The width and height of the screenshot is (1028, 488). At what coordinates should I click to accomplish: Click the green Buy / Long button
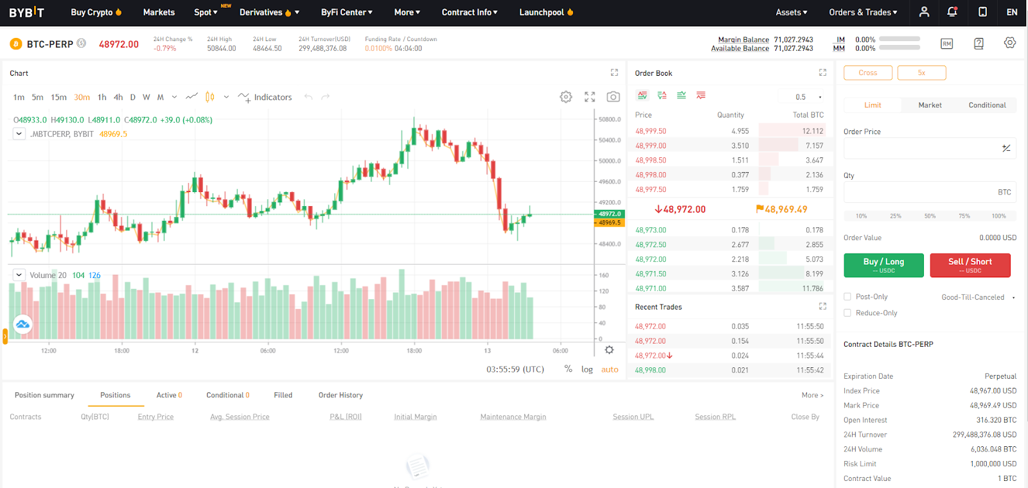883,265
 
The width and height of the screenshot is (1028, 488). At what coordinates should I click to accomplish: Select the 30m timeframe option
82,98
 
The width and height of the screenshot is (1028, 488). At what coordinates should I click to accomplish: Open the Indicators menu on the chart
265,98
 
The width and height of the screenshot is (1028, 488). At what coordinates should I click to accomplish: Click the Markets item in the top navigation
159,12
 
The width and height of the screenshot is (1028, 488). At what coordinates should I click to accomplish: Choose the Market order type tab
930,105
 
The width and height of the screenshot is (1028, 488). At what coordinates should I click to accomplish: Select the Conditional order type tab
987,105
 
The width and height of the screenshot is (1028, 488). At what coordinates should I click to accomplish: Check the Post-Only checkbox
847,297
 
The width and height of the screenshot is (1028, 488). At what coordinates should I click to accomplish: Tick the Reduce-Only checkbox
847,313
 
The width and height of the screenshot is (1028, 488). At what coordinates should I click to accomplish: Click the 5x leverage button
921,73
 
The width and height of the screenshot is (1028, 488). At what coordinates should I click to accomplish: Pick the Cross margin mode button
867,73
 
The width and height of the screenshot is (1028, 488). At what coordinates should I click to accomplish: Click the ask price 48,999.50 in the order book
650,131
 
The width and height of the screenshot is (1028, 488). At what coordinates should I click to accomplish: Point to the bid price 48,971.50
650,274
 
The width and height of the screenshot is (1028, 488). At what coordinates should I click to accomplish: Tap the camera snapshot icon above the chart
613,97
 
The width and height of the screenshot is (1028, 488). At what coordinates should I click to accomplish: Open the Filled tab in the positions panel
283,396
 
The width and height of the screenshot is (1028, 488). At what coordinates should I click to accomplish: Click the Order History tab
341,396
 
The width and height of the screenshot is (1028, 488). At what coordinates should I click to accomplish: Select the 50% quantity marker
930,216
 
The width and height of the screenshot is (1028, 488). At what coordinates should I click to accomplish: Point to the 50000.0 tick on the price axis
610,161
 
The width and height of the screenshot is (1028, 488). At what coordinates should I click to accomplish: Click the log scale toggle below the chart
587,370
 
